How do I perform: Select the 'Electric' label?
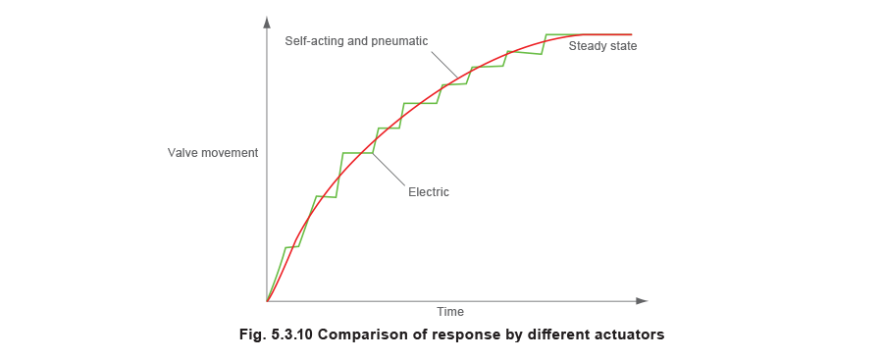click(430, 192)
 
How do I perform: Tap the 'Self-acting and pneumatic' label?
click(356, 41)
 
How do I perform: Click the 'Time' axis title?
click(451, 312)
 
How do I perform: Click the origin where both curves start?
click(267, 299)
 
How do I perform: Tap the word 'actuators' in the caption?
click(629, 334)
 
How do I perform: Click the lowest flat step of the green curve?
click(291, 247)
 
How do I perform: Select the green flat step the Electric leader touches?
click(355, 153)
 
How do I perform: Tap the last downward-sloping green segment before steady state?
click(525, 53)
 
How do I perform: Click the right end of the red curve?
click(631, 35)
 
